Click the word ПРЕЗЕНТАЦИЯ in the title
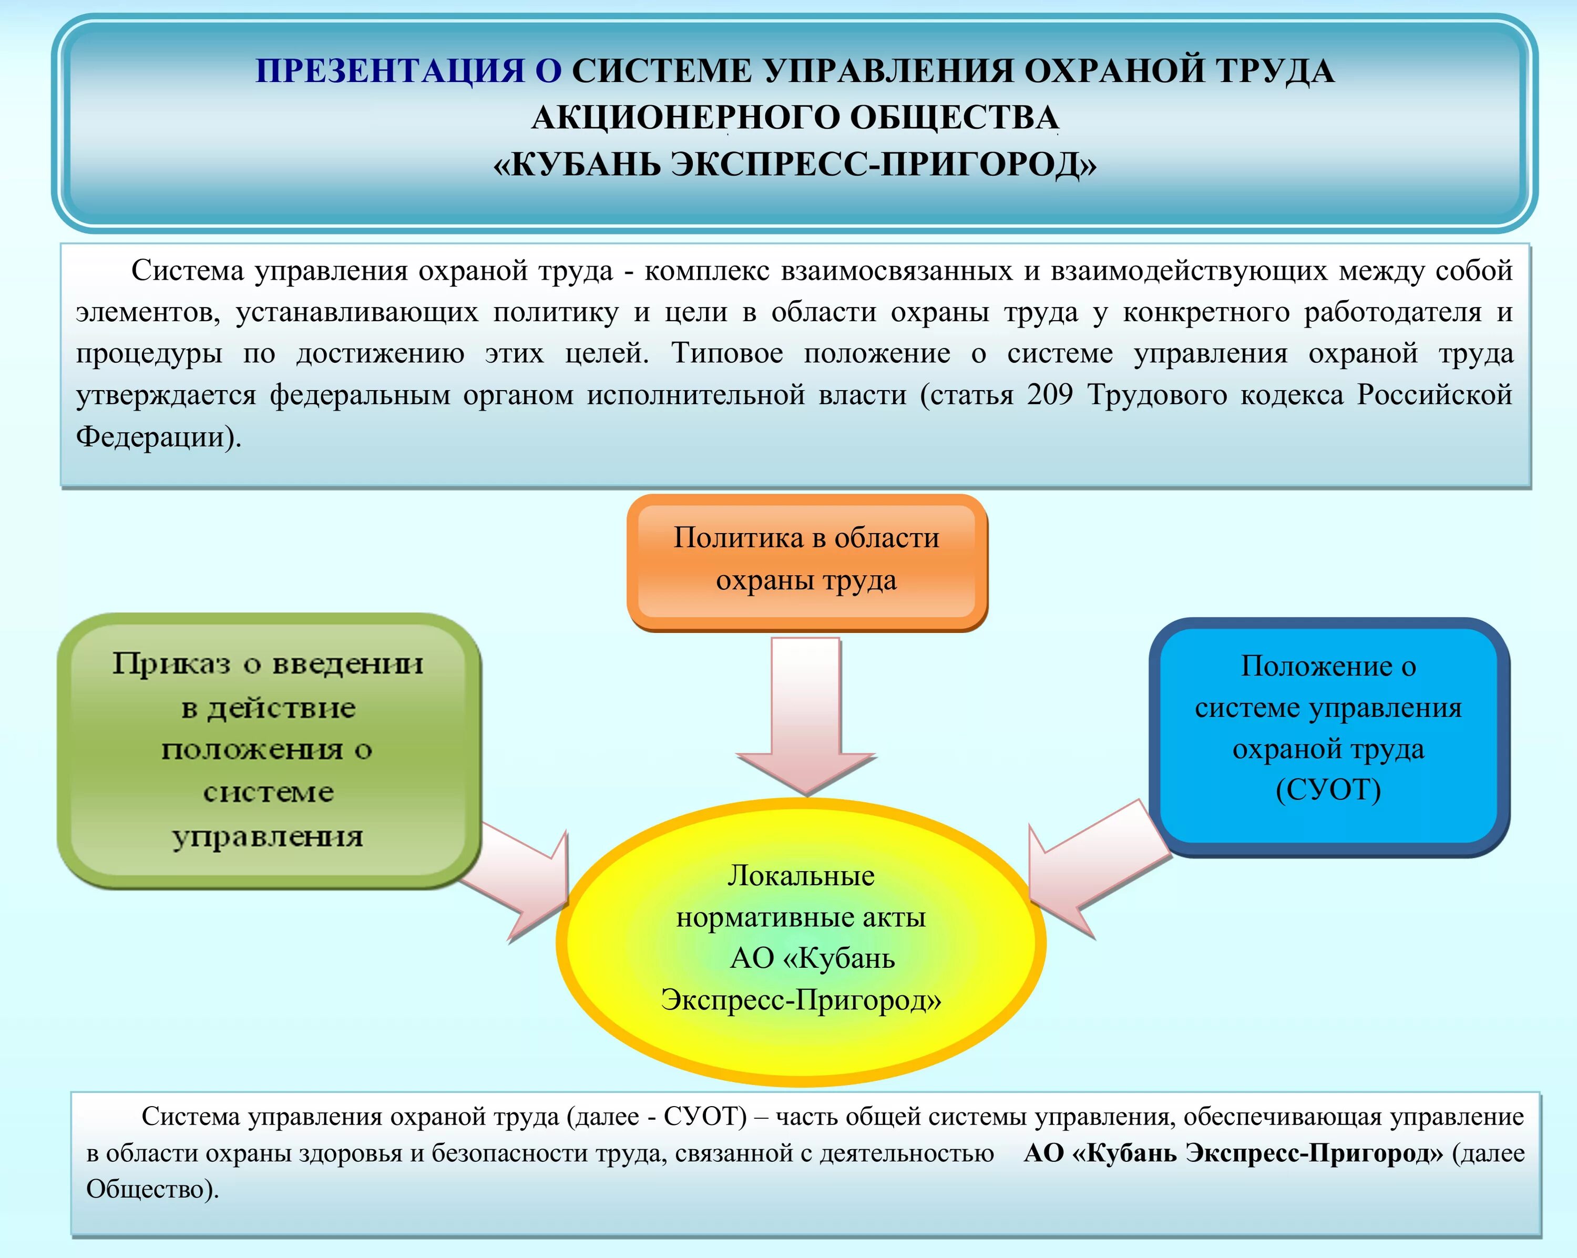(x=390, y=71)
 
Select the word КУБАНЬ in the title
(x=585, y=165)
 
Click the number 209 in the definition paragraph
(x=1050, y=395)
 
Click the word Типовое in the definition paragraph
(x=727, y=353)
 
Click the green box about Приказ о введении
(x=269, y=750)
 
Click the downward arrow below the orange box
(x=806, y=717)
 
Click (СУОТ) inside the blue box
(x=1328, y=790)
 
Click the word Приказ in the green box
(x=172, y=664)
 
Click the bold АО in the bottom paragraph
(x=1042, y=1153)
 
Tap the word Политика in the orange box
(x=738, y=538)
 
